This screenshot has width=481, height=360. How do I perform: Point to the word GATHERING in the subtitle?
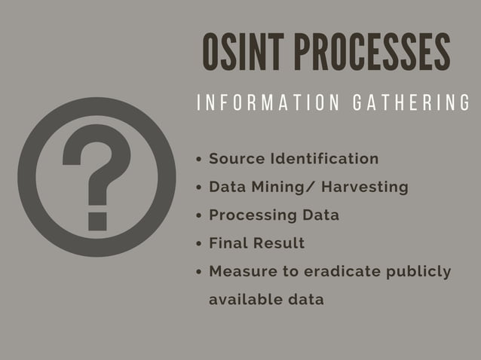tap(412, 103)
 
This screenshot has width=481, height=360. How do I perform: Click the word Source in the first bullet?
tap(237, 159)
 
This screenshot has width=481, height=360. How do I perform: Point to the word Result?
tap(280, 243)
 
